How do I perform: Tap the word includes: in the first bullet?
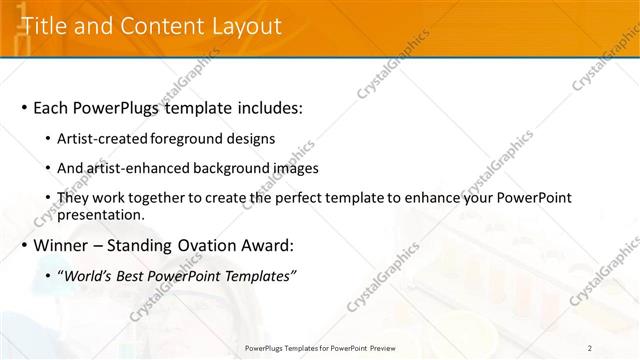[x=268, y=107]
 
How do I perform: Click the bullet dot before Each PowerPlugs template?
[x=23, y=107]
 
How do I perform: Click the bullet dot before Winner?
[x=23, y=245]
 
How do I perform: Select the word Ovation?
[x=210, y=245]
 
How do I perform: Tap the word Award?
[x=270, y=245]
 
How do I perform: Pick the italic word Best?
[x=135, y=276]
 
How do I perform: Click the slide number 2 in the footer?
[x=591, y=348]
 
